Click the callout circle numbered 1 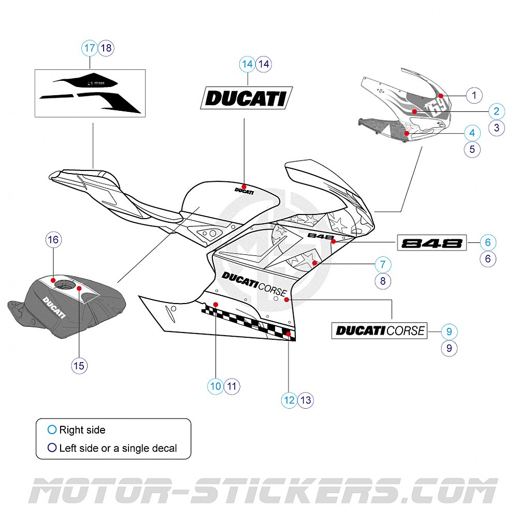coord(473,95)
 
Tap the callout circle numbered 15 coord(79,366)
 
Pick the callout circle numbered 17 coord(90,48)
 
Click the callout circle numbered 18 coord(106,48)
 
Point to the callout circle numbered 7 coord(383,264)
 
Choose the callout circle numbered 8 coord(383,281)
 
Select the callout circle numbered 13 coord(306,400)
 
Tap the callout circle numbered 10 coord(215,386)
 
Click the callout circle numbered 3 coord(496,127)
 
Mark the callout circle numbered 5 coord(472,150)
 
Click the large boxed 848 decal coord(431,242)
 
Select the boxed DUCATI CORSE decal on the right coord(379,330)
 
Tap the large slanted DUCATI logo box coord(247,98)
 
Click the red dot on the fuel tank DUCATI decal coord(244,186)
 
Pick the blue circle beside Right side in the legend coord(51,429)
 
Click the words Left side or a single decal coord(118,448)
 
